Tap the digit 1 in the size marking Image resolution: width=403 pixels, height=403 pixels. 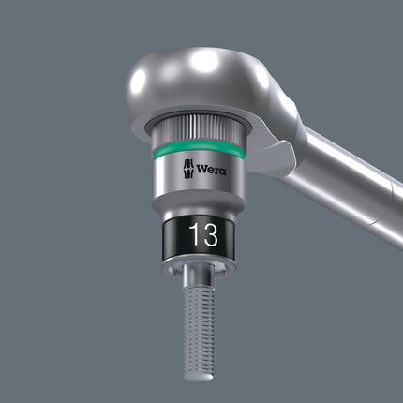click(190, 234)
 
